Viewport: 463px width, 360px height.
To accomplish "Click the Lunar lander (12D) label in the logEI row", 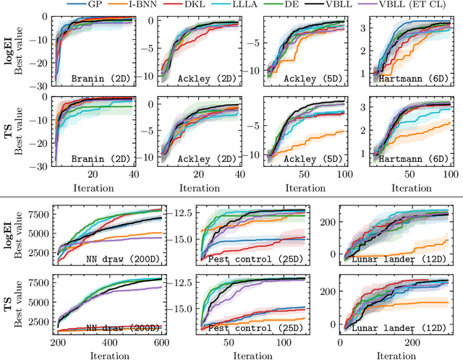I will (404, 257).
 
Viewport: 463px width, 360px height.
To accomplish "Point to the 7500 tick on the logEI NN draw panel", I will (40, 214).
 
